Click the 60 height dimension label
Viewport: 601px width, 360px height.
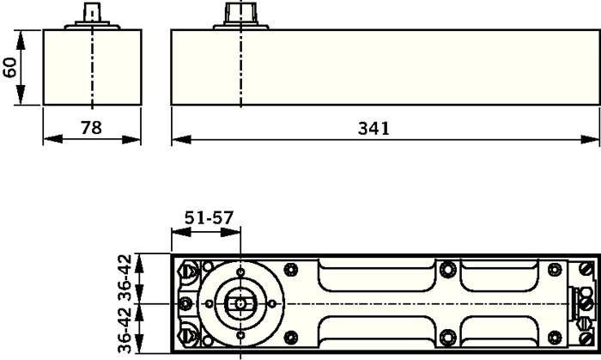10,68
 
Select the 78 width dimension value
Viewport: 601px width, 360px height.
91,127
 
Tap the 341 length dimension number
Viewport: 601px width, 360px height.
373,128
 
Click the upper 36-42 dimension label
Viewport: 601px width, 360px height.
125,278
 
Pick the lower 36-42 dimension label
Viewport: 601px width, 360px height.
125,330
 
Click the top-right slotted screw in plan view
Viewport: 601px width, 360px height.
586,270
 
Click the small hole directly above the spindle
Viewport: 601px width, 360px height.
240,274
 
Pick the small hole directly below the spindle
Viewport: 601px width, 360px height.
240,334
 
